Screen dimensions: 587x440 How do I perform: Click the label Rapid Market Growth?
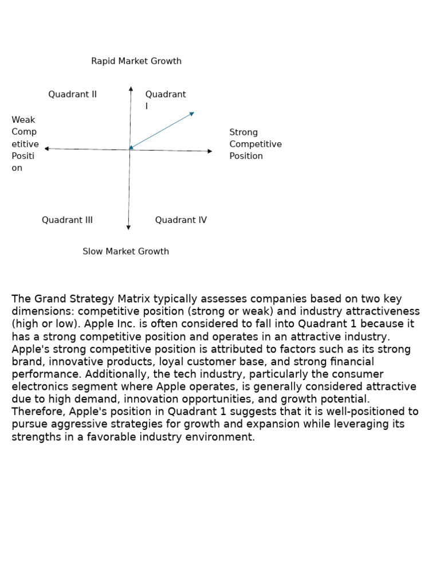click(136, 61)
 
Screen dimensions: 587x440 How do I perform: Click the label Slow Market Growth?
click(125, 252)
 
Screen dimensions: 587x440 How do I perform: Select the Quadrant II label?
click(72, 95)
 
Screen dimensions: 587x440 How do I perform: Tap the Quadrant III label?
click(67, 220)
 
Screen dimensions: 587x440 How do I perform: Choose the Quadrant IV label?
click(180, 220)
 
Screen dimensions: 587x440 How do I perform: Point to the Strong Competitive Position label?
click(256, 144)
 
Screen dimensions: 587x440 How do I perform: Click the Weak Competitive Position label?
click(25, 144)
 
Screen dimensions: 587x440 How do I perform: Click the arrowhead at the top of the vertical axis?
click(131, 89)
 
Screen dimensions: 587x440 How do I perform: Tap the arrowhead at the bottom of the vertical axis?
click(128, 228)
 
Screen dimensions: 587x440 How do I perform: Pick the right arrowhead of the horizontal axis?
click(210, 151)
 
